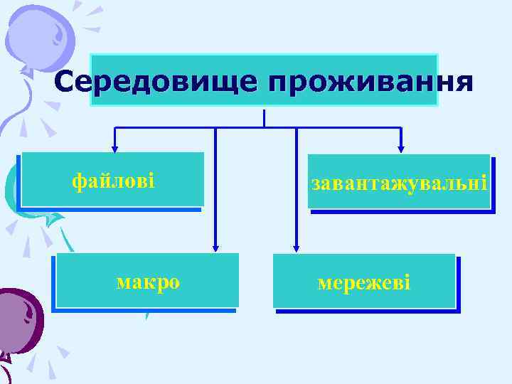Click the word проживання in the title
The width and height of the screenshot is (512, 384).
[x=370, y=82]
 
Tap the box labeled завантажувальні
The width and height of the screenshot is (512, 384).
[x=399, y=182]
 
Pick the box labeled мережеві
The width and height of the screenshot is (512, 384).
[x=363, y=282]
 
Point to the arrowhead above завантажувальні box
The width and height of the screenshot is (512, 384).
[x=401, y=149]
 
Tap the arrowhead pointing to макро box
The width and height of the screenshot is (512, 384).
[x=214, y=247]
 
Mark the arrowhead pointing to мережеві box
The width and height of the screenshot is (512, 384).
[x=297, y=247]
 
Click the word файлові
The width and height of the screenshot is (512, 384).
[x=113, y=181]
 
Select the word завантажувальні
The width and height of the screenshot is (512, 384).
[x=399, y=183]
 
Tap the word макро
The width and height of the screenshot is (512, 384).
[x=148, y=282]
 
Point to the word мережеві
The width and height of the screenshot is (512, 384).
[x=363, y=283]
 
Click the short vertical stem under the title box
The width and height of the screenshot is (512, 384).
[x=264, y=118]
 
